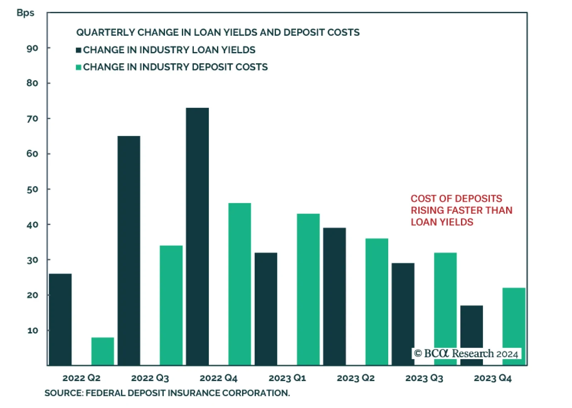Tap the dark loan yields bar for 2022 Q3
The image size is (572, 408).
129,250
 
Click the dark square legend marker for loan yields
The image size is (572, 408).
79,50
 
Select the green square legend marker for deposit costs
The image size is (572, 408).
79,67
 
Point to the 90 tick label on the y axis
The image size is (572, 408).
32,48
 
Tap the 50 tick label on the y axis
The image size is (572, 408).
32,189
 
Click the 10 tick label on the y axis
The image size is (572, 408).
33,330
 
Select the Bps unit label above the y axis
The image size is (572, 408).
25,13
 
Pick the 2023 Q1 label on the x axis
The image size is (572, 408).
287,378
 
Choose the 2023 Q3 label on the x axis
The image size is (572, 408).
424,378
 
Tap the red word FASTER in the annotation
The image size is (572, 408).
462,210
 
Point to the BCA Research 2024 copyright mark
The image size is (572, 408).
466,354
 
